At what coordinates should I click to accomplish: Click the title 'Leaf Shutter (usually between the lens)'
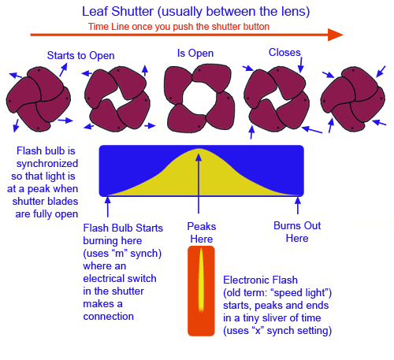195,12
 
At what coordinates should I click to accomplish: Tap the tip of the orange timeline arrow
344,35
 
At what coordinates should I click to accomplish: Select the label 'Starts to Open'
80,56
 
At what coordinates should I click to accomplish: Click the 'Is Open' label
195,54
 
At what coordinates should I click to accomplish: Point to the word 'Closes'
284,53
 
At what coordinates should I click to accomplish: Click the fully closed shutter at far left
39,99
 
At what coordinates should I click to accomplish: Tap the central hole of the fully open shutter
199,98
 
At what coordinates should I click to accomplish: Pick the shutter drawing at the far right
353,99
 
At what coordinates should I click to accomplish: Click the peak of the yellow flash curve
199,149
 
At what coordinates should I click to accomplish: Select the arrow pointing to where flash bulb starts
108,206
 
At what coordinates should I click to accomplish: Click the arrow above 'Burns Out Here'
298,206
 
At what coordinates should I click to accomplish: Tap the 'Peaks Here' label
202,232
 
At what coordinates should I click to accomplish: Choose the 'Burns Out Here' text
297,232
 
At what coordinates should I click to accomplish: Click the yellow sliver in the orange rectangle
201,280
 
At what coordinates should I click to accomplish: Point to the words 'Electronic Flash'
260,280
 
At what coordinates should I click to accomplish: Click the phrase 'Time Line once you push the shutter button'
179,27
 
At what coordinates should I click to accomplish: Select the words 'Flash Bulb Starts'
123,228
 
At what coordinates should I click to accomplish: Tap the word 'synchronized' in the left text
47,164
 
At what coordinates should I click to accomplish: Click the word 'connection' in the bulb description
109,317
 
